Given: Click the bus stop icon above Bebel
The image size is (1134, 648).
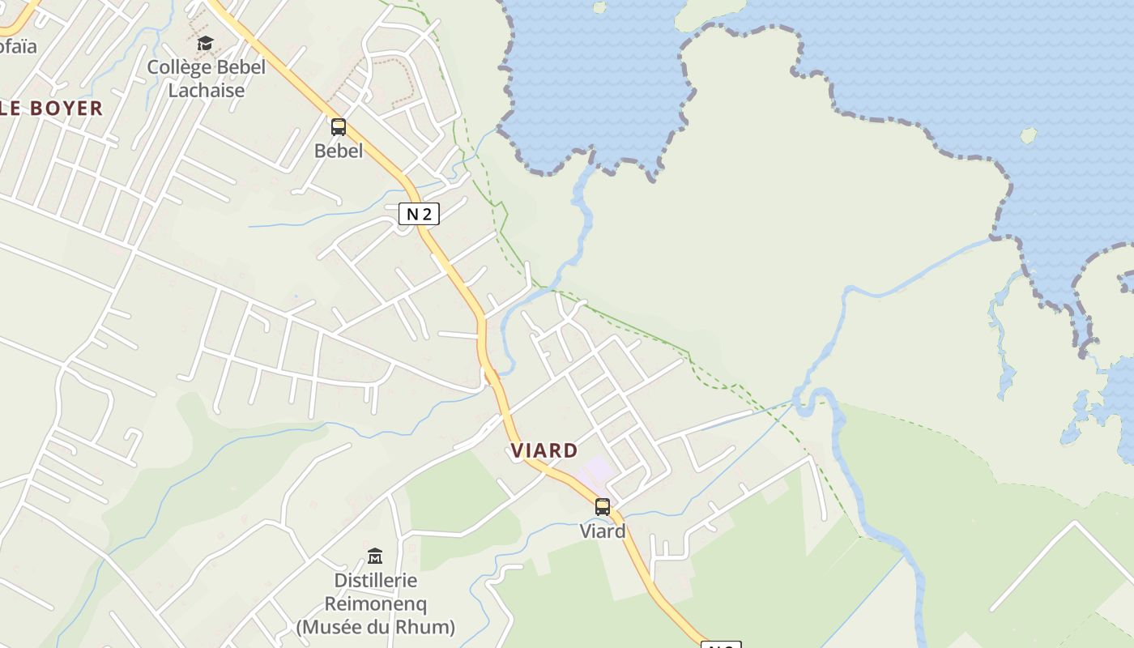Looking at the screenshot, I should (x=339, y=127).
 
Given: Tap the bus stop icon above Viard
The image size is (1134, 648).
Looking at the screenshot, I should (x=603, y=507).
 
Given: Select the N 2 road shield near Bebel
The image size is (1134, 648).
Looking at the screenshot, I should (x=419, y=214).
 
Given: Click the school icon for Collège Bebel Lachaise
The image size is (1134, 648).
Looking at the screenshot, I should (x=206, y=44).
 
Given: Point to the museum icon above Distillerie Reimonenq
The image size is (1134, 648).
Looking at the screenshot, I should (x=375, y=556).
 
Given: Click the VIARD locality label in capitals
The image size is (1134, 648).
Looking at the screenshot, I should (x=544, y=451).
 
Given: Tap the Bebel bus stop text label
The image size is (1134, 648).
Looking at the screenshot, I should (x=339, y=151).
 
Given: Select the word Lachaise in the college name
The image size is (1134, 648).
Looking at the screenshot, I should (x=206, y=90).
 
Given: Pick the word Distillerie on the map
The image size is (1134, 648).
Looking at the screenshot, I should (x=376, y=581).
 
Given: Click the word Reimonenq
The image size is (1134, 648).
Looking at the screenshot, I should (x=376, y=603).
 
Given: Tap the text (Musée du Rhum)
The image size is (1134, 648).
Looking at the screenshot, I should (x=376, y=627).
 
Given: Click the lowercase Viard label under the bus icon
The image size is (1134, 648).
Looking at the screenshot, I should (x=603, y=531).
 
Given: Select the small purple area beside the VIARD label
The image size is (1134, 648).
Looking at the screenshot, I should (x=599, y=468).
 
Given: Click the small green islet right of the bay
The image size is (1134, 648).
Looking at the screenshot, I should (x=1028, y=135).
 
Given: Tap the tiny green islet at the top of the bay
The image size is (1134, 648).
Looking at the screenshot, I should (x=599, y=7).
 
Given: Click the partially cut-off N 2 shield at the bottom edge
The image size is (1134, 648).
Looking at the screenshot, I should (x=720, y=645).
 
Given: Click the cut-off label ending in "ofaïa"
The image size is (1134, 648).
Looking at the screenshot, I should (x=18, y=46).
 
